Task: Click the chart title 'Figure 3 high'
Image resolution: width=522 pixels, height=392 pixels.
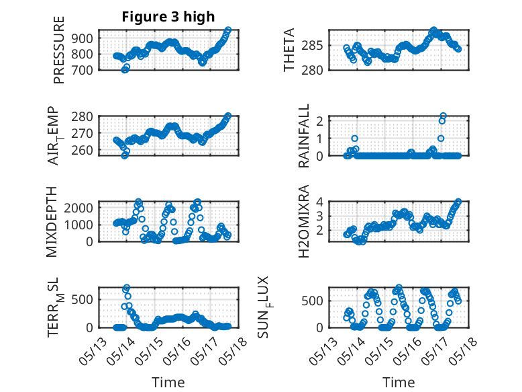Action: (x=168, y=17)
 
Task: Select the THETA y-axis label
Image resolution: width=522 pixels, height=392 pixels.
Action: (x=289, y=50)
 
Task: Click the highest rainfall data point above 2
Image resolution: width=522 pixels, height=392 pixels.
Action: (x=443, y=116)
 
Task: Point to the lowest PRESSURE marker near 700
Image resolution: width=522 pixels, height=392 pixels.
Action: (x=125, y=69)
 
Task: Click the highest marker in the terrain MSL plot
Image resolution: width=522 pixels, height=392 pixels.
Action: (x=126, y=288)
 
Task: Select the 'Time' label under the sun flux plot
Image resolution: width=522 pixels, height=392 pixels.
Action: (x=399, y=383)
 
